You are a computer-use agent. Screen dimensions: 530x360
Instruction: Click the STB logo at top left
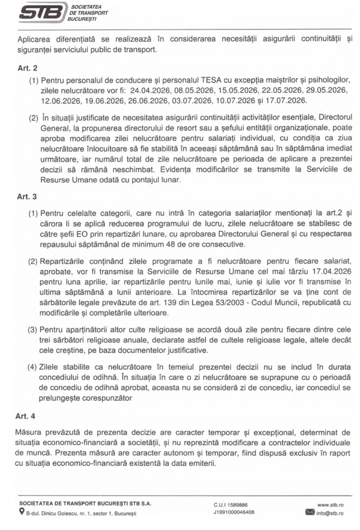(43, 11)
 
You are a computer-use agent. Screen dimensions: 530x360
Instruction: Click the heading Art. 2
(27, 68)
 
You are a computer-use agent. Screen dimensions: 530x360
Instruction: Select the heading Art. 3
(27, 197)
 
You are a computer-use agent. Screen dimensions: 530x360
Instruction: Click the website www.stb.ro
(330, 504)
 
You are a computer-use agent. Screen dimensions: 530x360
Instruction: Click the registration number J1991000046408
(234, 512)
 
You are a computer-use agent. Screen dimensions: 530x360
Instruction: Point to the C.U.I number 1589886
(240, 504)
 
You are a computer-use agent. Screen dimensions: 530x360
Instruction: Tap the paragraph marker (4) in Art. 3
(32, 366)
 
